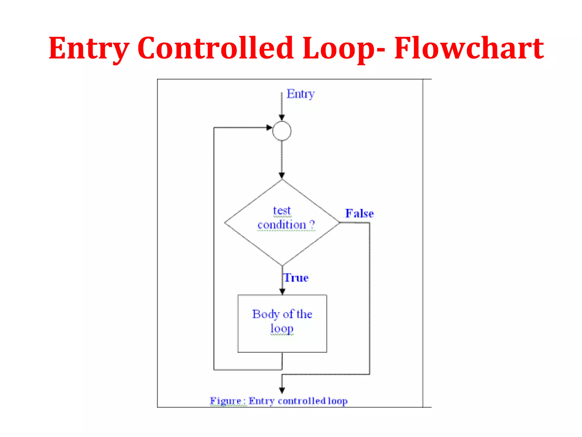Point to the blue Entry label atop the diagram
(x=300, y=94)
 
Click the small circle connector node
(x=282, y=131)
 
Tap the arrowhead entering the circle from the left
(x=269, y=127)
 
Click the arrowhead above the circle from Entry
(x=282, y=117)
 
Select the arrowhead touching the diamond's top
(x=282, y=175)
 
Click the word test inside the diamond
(x=282, y=211)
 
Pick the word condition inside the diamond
(x=282, y=225)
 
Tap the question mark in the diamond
(x=312, y=224)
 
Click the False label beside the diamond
(x=359, y=213)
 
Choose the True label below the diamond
(x=296, y=278)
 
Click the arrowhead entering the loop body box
(x=282, y=291)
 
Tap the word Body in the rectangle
(x=266, y=314)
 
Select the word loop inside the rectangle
(x=282, y=328)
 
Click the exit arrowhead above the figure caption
(x=282, y=390)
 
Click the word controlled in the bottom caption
(x=302, y=401)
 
